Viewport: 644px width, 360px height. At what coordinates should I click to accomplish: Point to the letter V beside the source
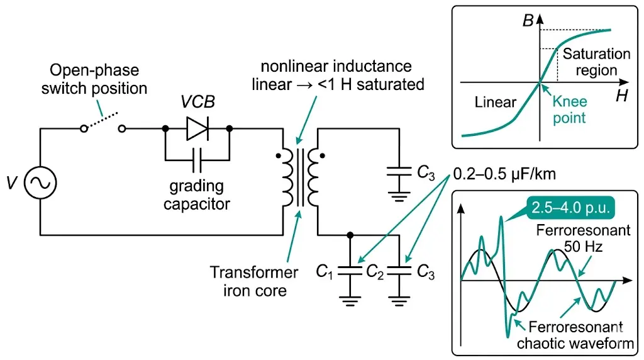(x=12, y=183)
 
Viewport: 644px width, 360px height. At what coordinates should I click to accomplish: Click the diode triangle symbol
(x=196, y=129)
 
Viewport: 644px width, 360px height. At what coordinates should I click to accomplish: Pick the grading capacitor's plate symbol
(x=197, y=161)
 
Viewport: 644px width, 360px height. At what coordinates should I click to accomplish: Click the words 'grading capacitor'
(x=197, y=195)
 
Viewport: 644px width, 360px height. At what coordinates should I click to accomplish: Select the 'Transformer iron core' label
(x=254, y=281)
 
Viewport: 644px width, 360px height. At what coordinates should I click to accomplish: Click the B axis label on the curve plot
(x=528, y=21)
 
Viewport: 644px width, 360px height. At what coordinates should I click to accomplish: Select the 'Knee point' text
(x=570, y=109)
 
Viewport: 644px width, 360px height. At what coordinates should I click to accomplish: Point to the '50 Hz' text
(x=582, y=247)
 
